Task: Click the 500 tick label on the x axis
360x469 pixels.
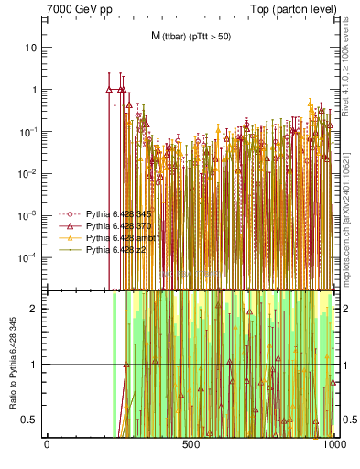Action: [x=191, y=445]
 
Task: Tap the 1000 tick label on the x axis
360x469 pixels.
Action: [x=333, y=445]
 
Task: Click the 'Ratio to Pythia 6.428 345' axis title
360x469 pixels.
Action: [x=13, y=365]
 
